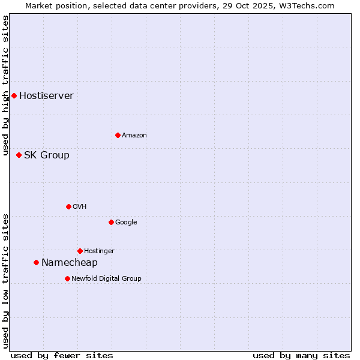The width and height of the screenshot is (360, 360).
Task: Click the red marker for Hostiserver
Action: pyautogui.click(x=14, y=95)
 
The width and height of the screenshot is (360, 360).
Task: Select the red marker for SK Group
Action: pyautogui.click(x=19, y=155)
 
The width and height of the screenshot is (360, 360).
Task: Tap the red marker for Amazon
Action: pyautogui.click(x=118, y=135)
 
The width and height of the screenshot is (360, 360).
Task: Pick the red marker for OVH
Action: pyautogui.click(x=68, y=206)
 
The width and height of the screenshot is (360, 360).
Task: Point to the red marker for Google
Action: pyautogui.click(x=111, y=222)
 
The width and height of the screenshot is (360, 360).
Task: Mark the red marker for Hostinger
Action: pyautogui.click(x=80, y=251)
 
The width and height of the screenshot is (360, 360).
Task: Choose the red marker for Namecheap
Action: pyautogui.click(x=36, y=262)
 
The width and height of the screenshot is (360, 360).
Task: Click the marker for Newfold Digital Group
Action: pyautogui.click(x=67, y=278)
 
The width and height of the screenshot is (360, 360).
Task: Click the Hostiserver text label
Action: pyautogui.click(x=46, y=96)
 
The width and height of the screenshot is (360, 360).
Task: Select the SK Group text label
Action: pyautogui.click(x=46, y=155)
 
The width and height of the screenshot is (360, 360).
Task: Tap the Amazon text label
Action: pyautogui.click(x=134, y=136)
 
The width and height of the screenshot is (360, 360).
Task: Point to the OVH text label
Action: pyautogui.click(x=79, y=207)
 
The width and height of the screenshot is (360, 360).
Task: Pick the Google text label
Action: pyautogui.click(x=126, y=223)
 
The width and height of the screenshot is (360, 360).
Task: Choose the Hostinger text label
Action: pyautogui.click(x=99, y=251)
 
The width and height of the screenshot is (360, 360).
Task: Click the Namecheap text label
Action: pyautogui.click(x=69, y=263)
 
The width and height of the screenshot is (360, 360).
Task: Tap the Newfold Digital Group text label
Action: pyautogui.click(x=106, y=279)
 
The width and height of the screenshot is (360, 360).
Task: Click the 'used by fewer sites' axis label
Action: pyautogui.click(x=62, y=355)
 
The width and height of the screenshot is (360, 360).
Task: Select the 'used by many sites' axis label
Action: pyautogui.click(x=301, y=355)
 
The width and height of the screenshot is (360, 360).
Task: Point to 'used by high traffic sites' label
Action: pyautogui.click(x=5, y=85)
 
